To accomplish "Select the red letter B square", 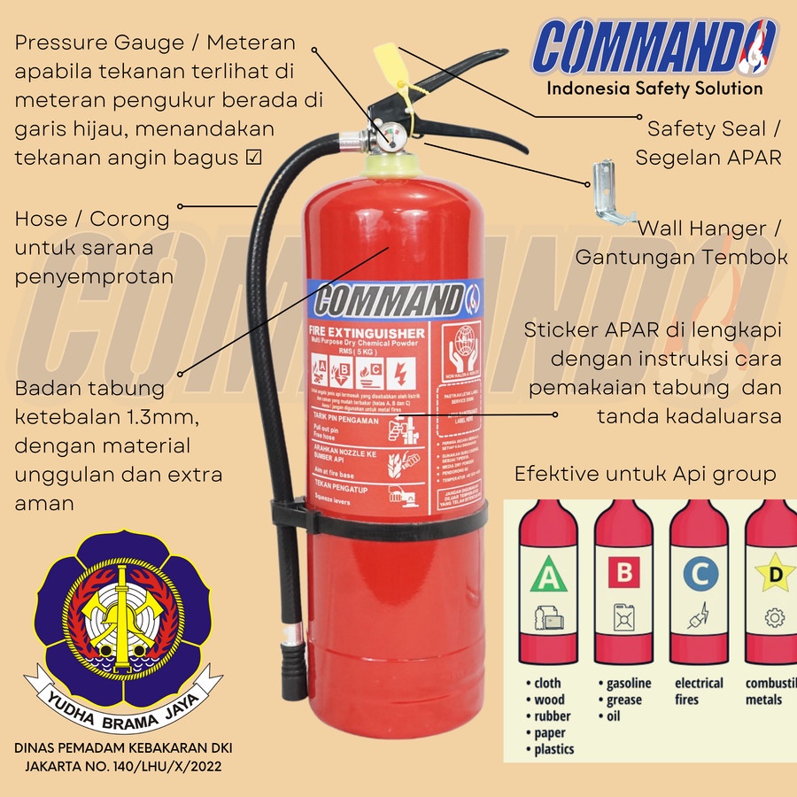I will point(624,573).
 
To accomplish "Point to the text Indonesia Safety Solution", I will point(654,88).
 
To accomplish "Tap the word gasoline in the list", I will point(629,683).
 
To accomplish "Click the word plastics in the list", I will point(553,749).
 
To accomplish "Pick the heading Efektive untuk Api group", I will point(646,475).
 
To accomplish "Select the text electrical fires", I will point(699,691).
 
